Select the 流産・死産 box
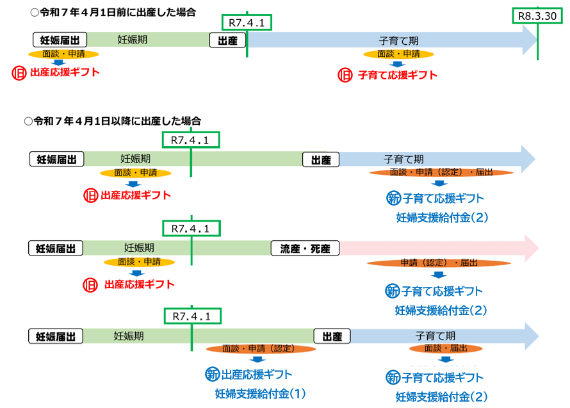tap(305, 248)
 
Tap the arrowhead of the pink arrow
tap(530, 247)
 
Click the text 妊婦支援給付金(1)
tap(261, 393)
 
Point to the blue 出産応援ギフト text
tap(257, 374)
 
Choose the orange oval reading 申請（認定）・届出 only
tap(439, 263)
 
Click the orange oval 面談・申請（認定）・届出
tap(441, 173)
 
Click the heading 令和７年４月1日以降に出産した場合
tap(112, 120)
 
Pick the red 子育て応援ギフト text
tap(397, 75)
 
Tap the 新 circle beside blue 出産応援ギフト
tap(212, 374)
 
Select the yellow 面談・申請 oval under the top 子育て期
tap(398, 53)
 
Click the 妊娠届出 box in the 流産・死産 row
tap(56, 248)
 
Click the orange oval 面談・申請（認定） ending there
tap(261, 348)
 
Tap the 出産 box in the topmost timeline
tap(228, 41)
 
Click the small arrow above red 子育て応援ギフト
tap(398, 63)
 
